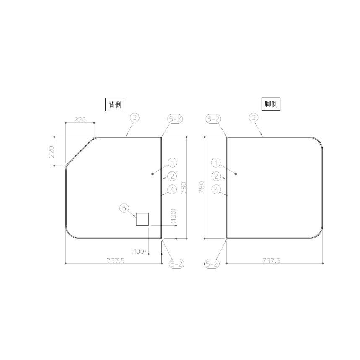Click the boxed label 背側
(114, 105)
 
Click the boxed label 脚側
(271, 104)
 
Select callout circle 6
(124, 208)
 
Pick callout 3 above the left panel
(135, 117)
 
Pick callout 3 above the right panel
(254, 117)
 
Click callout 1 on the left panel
(172, 163)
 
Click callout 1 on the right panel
(216, 163)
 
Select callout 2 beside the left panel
(172, 176)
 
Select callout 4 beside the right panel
(216, 189)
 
